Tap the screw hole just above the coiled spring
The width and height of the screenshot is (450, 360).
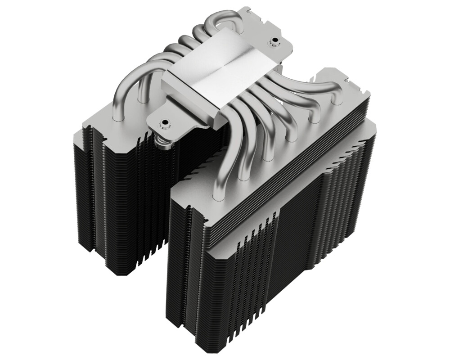click(165, 122)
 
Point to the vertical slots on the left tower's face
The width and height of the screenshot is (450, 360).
click(135, 202)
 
